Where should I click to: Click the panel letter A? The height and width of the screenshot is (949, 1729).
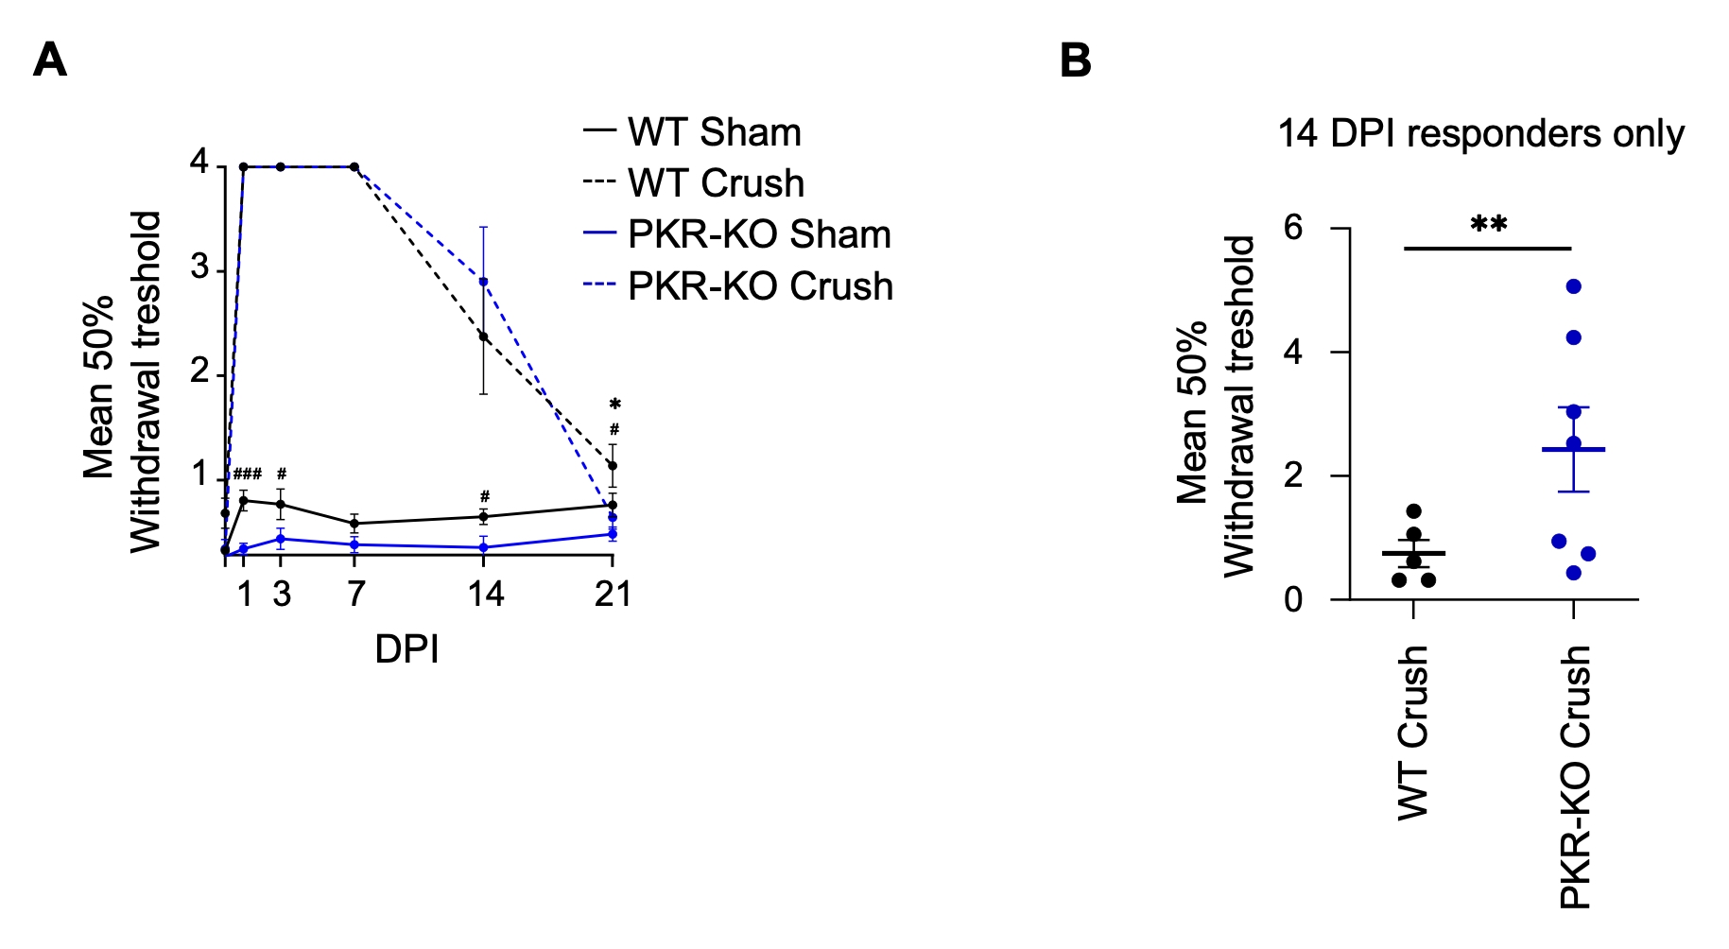point(50,60)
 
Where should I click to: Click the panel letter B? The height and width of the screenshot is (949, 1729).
point(1075,60)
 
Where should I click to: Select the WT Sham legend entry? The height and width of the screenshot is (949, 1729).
point(714,132)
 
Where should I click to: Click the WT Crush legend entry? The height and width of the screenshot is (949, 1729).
point(716,183)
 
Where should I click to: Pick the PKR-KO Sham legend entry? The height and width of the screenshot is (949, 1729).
point(759,234)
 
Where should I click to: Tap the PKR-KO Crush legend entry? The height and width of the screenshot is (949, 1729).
point(760,286)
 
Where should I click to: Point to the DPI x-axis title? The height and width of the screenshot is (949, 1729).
point(406,649)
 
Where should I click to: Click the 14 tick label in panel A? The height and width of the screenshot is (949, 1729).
point(486,594)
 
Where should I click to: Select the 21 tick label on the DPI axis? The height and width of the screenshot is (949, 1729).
point(613,594)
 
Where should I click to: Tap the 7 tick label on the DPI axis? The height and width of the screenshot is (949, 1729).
point(355,594)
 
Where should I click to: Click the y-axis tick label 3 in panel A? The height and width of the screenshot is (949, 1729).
point(199,268)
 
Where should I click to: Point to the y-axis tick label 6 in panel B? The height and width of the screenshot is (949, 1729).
point(1293,228)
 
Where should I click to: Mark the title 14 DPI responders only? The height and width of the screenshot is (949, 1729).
point(1480,133)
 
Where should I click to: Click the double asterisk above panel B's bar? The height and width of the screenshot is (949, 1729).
point(1488,226)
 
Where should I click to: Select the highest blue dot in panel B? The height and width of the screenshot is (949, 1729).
point(1574,286)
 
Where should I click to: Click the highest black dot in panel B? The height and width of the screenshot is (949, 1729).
point(1414,511)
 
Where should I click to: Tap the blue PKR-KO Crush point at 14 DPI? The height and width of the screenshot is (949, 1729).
point(483,282)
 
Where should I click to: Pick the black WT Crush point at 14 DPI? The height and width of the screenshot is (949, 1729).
point(483,336)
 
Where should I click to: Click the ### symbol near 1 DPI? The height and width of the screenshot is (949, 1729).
point(248,474)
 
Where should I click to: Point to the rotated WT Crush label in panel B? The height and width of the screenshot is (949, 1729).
point(1412,733)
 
